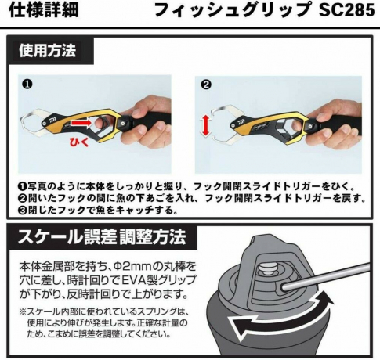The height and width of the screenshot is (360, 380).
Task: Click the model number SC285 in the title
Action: point(346,11)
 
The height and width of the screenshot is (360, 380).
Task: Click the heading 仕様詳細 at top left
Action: point(44,10)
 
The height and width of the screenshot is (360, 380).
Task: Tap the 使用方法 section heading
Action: point(48,51)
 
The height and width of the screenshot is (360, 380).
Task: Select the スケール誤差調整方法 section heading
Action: point(102,236)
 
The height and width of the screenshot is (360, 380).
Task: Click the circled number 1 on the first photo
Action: point(27,85)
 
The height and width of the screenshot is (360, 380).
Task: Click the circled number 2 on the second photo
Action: point(206,85)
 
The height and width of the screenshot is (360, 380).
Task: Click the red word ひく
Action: point(79,142)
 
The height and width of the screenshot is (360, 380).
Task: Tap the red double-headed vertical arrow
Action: point(205,126)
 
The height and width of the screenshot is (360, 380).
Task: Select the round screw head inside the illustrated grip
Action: point(267,268)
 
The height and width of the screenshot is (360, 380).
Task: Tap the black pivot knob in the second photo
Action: point(309,124)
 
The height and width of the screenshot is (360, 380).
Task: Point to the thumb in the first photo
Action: point(139,112)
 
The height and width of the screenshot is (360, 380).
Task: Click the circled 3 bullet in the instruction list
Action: point(23,211)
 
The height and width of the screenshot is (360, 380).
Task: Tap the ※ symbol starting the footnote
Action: point(23,311)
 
